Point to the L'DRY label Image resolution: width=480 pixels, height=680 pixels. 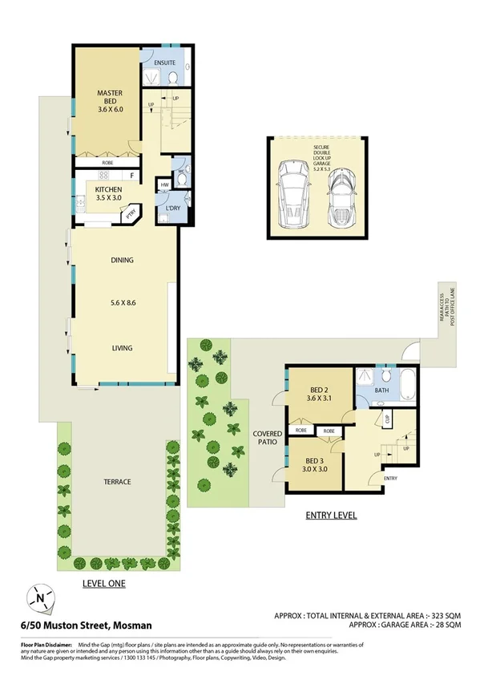pos(171,208)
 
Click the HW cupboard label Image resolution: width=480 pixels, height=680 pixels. pos(164,185)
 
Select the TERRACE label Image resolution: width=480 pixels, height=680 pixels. pos(117,481)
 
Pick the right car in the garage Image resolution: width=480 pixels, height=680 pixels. pos(341,200)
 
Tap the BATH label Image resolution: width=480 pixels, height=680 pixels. pos(381,392)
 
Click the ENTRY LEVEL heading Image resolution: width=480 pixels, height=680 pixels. pos(331,515)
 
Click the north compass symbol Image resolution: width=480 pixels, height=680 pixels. pos(39,597)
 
